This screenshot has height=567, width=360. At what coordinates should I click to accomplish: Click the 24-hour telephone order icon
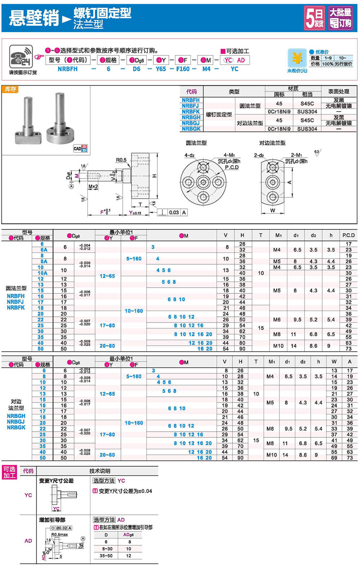(21, 57)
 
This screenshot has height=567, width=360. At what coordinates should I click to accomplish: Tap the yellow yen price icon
(297, 58)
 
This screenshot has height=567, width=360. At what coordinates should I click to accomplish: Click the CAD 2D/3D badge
(80, 148)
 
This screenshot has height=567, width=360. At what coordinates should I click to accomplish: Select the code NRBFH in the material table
(190, 100)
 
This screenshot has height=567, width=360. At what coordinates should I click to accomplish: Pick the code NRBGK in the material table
(191, 129)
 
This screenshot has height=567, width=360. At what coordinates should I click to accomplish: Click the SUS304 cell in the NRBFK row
(307, 112)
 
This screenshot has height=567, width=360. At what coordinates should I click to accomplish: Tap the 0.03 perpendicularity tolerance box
(174, 212)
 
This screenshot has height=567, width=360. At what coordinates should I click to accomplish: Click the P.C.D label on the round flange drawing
(232, 167)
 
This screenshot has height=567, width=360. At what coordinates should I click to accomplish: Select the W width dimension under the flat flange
(273, 211)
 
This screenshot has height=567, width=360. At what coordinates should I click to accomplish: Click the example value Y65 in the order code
(161, 69)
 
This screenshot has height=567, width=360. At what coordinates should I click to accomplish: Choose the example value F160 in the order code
(183, 69)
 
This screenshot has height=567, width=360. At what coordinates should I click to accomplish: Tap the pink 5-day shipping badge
(314, 18)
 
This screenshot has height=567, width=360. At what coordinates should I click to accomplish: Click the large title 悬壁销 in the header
(34, 17)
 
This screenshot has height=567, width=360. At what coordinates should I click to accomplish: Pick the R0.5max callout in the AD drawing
(59, 535)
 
